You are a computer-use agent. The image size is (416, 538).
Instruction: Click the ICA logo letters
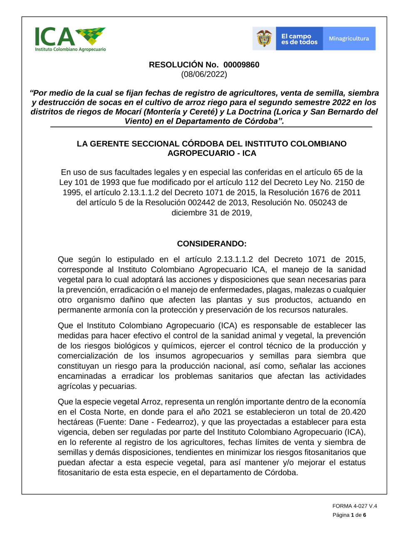tap(54, 37)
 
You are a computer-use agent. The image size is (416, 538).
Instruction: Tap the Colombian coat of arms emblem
tap(264, 39)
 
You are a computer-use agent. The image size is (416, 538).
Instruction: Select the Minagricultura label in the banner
tap(349, 39)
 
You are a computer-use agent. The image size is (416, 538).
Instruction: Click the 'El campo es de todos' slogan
tap(299, 39)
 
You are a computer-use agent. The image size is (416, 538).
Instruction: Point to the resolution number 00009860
tap(241, 65)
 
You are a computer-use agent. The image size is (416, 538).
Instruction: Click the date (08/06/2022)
tap(204, 74)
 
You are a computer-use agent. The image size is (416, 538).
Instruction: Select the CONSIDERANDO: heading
tap(212, 244)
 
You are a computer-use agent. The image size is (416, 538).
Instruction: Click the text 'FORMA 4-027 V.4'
tap(354, 506)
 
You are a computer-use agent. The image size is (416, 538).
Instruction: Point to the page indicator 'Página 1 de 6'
tap(349, 515)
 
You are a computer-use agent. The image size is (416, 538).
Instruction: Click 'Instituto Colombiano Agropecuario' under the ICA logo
tap(70, 49)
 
